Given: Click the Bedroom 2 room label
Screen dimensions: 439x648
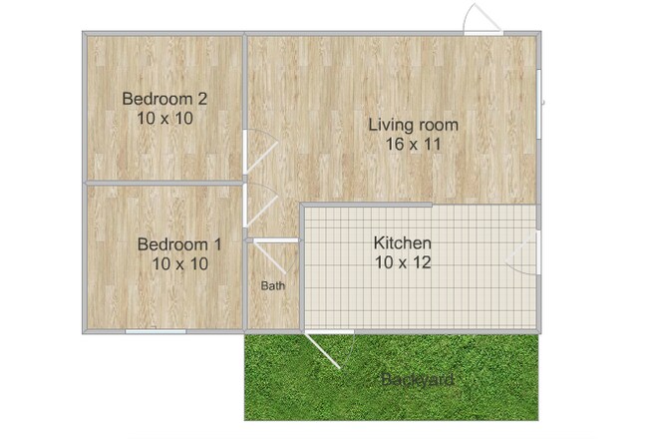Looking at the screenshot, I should [x=164, y=98].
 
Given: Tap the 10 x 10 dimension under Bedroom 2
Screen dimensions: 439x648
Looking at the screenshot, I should [x=164, y=117].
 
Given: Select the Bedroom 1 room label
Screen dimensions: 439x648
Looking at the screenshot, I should [x=179, y=244].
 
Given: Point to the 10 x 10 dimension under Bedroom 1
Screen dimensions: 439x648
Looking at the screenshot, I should [x=179, y=263].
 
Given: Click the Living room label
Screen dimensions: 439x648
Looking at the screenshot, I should [x=413, y=125].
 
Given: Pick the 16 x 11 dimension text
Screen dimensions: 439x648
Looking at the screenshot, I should [x=413, y=144].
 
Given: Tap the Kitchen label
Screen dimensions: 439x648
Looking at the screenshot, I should [x=402, y=242].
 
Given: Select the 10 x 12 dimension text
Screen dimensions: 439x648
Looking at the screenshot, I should [x=402, y=262].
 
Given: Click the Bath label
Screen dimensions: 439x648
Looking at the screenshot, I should [x=273, y=285].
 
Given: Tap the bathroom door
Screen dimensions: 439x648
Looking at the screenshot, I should [x=272, y=240].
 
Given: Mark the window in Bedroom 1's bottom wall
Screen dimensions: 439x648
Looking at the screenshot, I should [x=156, y=330].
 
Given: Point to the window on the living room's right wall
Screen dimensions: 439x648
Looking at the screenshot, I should [x=538, y=105].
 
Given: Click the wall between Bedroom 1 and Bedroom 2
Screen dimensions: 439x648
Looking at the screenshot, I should [x=164, y=183].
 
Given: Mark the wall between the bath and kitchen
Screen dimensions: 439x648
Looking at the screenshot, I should [x=300, y=284].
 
